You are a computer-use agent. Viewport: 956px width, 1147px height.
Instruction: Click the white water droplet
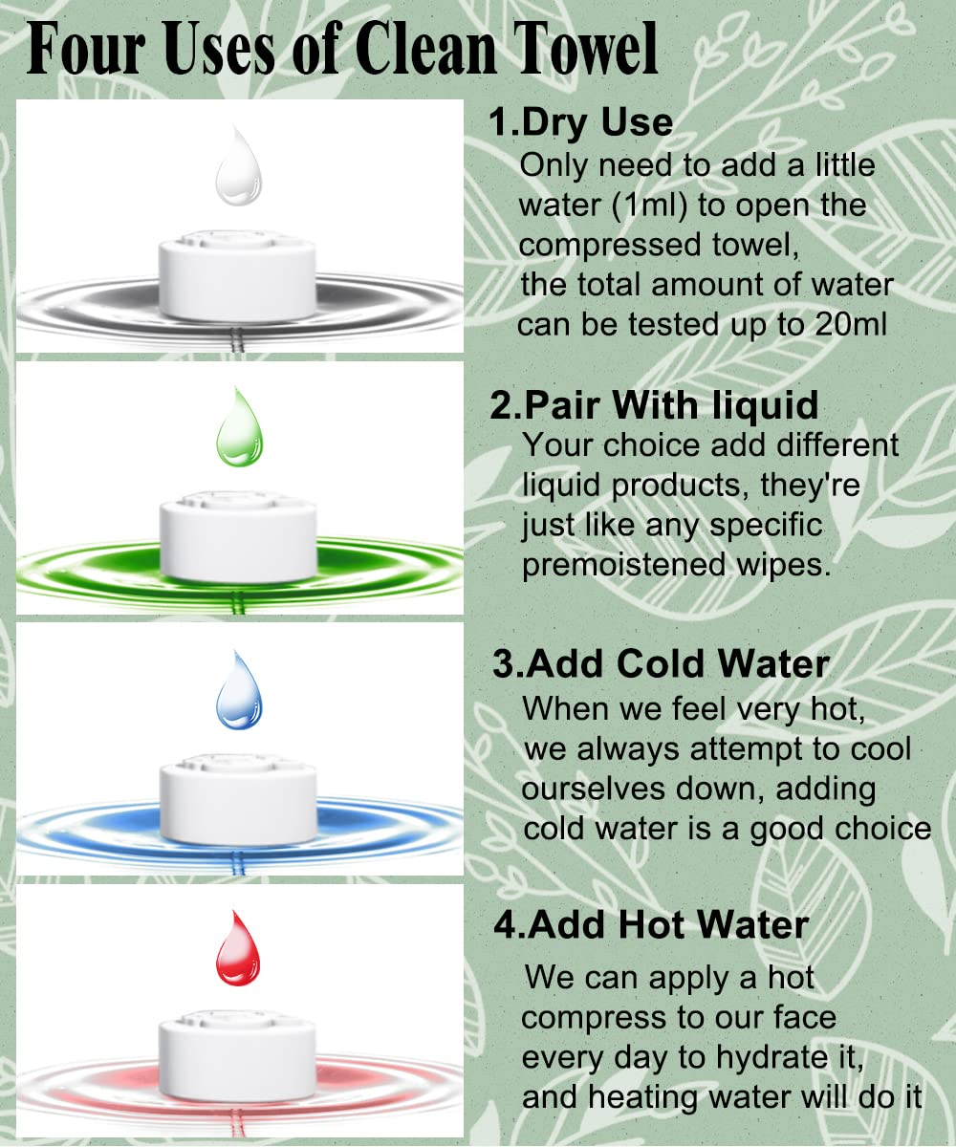click(x=238, y=166)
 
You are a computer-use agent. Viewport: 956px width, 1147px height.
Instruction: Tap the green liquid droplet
click(x=239, y=427)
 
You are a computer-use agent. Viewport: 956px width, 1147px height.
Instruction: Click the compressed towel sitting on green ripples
click(x=238, y=536)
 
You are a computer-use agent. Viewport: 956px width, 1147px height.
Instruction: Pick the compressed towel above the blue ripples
click(x=238, y=799)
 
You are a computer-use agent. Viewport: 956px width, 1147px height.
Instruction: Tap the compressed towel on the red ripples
click(x=237, y=1057)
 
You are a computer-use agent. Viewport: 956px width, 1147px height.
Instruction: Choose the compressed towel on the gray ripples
click(x=237, y=275)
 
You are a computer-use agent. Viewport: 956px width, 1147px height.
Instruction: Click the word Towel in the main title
click(x=585, y=50)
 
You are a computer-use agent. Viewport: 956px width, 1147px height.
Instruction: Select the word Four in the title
click(x=86, y=50)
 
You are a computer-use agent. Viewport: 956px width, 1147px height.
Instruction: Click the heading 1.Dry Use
click(x=580, y=122)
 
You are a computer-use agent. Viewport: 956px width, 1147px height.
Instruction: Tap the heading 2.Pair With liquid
click(x=654, y=405)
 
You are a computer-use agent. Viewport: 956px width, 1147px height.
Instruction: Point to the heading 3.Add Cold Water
click(x=661, y=663)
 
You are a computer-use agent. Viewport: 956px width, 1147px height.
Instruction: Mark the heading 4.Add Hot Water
click(x=651, y=925)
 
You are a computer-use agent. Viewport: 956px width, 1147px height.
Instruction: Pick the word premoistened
click(x=624, y=566)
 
